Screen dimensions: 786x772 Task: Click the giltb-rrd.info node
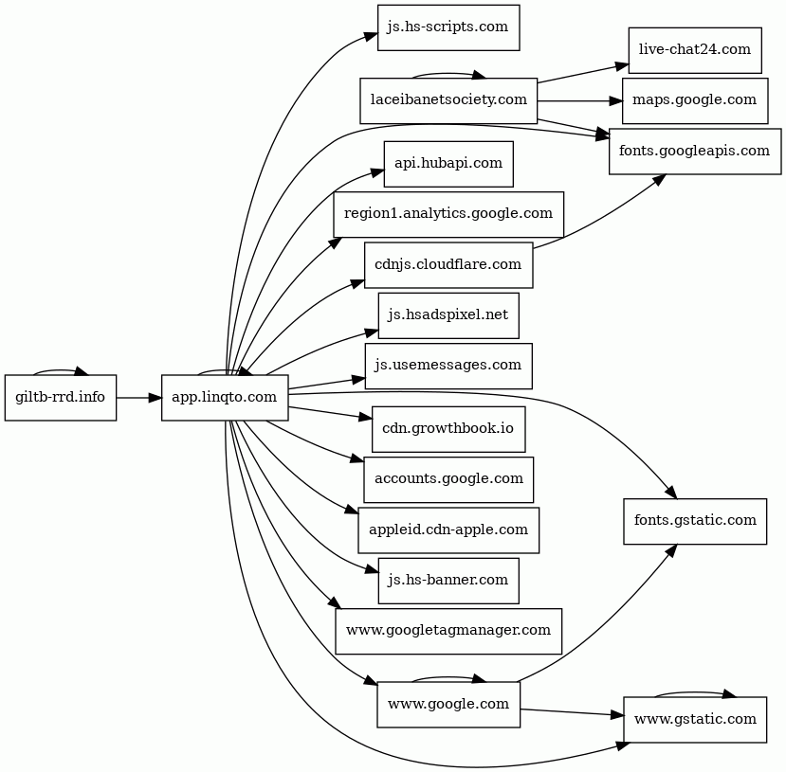coord(61,398)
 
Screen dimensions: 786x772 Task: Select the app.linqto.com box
coord(225,398)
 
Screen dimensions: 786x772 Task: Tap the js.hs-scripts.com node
coord(448,27)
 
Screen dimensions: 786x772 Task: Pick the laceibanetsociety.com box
coord(448,100)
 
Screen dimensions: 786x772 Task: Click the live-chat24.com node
coord(695,50)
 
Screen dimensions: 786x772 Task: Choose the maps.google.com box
coord(695,100)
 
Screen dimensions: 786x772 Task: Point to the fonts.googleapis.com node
coord(695,152)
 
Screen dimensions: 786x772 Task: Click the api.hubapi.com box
coord(448,164)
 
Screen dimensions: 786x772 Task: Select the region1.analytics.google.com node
coord(448,214)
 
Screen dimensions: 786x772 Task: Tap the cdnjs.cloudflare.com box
coord(448,265)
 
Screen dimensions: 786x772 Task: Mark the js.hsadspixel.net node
coord(448,315)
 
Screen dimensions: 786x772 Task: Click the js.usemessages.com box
coord(448,366)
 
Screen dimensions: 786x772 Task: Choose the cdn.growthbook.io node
coord(448,429)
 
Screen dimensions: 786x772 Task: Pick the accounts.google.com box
coord(448,479)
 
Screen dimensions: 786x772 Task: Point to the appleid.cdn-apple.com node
coord(448,530)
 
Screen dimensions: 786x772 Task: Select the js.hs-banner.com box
coord(448,581)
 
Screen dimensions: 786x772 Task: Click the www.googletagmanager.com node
coord(448,631)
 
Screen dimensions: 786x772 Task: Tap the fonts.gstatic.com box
coord(695,521)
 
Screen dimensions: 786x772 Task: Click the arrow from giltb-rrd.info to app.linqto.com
coord(139,398)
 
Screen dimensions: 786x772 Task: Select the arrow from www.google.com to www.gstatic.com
coord(572,712)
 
